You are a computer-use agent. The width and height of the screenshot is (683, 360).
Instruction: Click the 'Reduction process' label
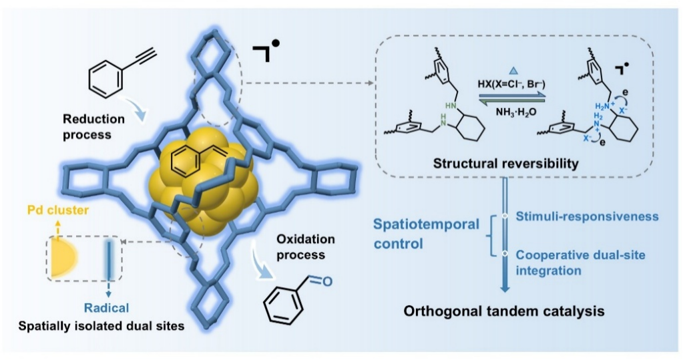coord(93,126)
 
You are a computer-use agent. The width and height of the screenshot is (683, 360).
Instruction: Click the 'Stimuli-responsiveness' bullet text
coord(588,217)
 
